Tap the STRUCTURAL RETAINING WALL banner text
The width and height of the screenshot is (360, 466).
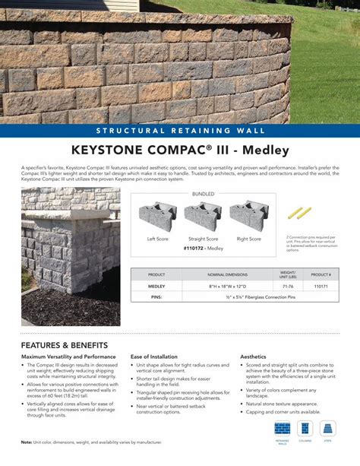click(179, 129)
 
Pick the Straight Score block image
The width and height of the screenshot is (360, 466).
click(204, 214)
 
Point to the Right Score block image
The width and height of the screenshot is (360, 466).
click(248, 214)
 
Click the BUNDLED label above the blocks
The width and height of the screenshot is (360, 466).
click(203, 195)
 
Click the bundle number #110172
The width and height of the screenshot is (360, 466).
click(194, 249)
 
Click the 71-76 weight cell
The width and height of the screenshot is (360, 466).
click(288, 287)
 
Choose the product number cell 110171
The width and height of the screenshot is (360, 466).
click(321, 287)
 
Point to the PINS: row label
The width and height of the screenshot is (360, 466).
click(156, 298)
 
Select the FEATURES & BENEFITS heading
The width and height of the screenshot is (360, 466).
click(65, 346)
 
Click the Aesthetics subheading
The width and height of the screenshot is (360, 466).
click(253, 357)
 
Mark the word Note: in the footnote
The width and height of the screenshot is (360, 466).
click(27, 442)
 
